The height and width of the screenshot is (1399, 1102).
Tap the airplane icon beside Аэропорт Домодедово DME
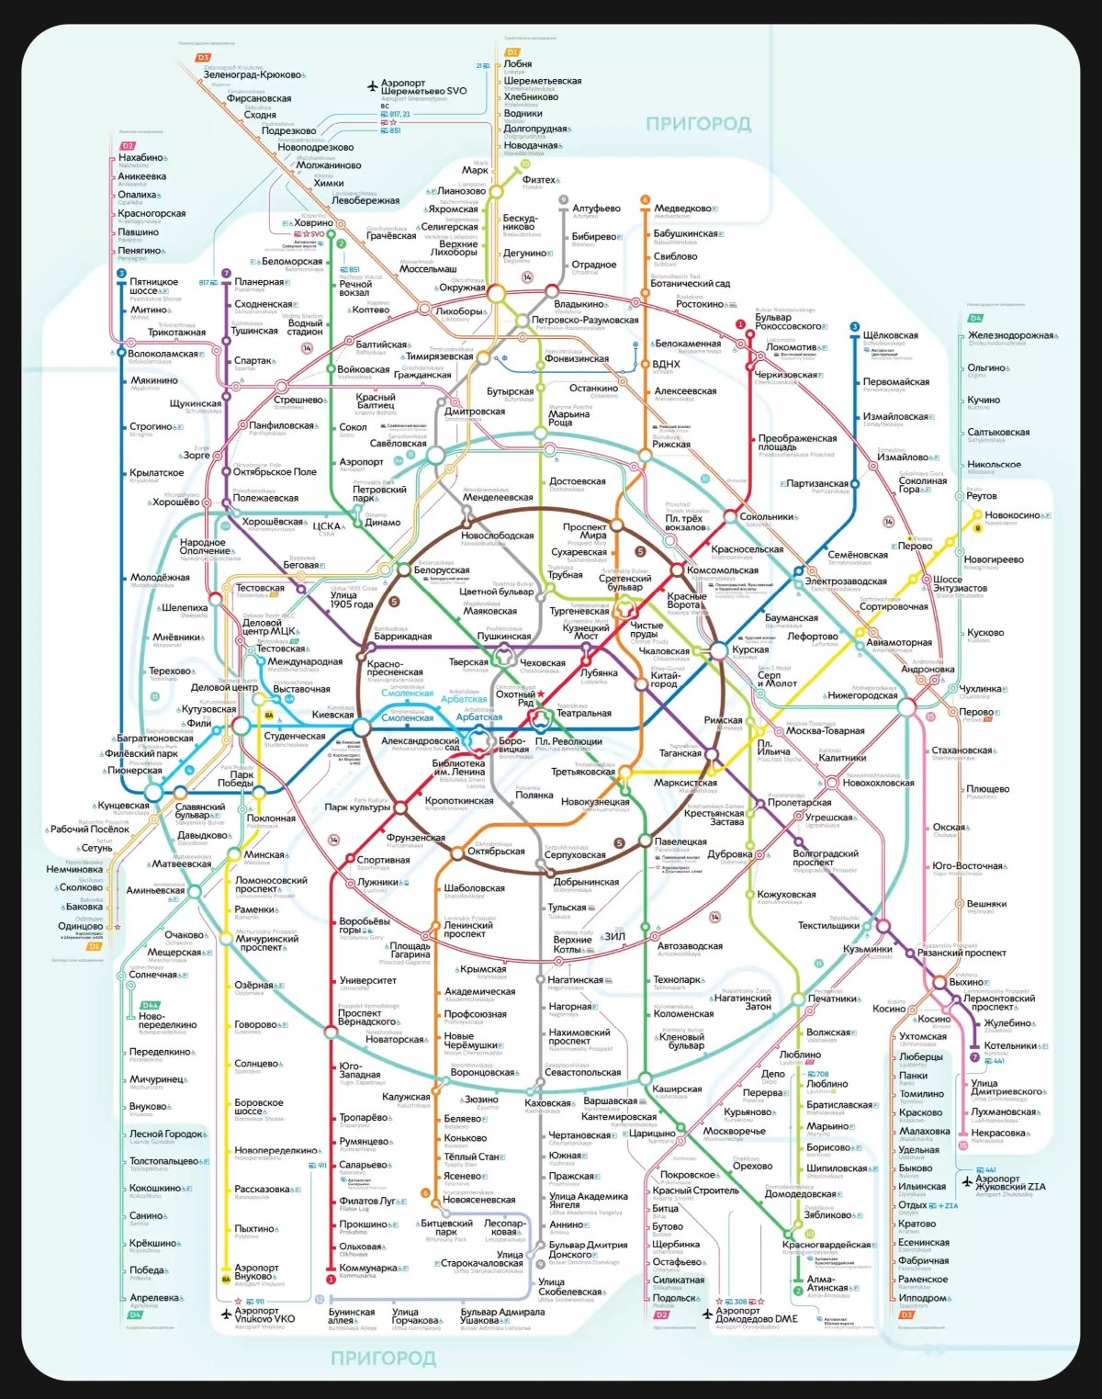coord(707,1314)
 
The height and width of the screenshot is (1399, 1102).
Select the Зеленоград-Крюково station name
coord(252,74)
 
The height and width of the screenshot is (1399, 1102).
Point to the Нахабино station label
coord(141,158)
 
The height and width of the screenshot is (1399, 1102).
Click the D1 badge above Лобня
coord(512,52)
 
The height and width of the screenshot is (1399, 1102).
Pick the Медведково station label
coord(682,209)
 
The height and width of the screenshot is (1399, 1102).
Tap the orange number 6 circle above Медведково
coord(645,199)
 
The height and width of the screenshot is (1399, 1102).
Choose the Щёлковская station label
coord(890,335)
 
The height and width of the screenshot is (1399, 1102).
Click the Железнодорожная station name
coord(1010,335)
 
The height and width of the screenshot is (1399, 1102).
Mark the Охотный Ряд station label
coord(515,698)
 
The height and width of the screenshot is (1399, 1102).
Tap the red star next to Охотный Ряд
coord(542,694)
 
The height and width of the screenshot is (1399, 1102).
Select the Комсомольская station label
coord(722,570)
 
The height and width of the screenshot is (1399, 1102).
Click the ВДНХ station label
coord(666,364)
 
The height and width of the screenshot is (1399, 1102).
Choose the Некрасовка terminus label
coord(998,1133)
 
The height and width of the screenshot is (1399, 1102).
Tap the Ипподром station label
coord(923,1298)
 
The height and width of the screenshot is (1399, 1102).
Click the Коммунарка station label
coord(368,1268)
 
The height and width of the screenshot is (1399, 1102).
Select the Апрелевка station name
coord(154,1298)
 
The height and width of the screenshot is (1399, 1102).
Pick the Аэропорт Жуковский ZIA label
coord(1010,1183)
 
